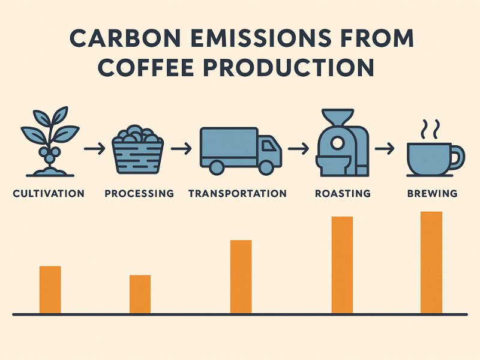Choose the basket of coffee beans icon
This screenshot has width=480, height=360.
click(x=139, y=150)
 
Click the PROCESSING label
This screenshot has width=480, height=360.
click(x=139, y=194)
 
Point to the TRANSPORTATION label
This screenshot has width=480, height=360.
click(x=238, y=194)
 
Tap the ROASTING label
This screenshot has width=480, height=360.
click(x=343, y=194)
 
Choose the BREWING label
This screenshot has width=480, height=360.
click(x=432, y=194)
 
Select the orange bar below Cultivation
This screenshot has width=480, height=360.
click(x=50, y=290)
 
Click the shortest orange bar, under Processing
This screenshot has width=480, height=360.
click(x=140, y=294)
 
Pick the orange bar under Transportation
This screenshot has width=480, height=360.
click(x=241, y=277)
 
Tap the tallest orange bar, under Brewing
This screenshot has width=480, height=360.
click(x=431, y=262)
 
